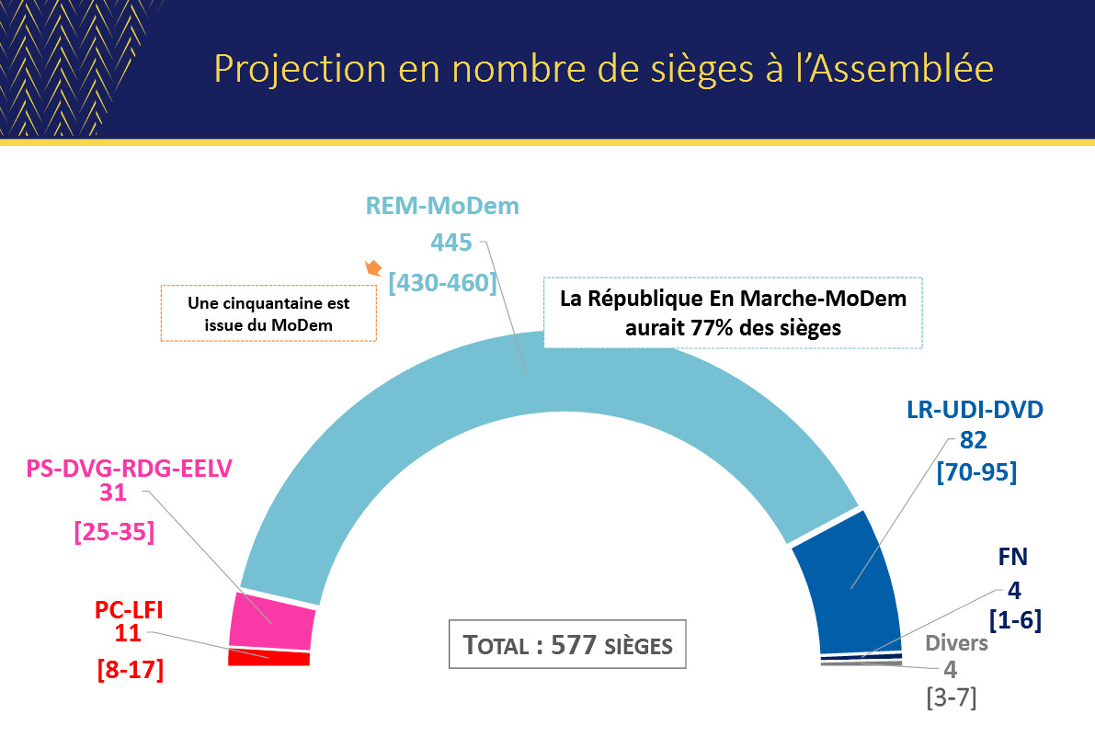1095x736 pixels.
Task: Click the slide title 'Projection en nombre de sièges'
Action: point(603,70)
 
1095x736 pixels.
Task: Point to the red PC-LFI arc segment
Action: point(268,658)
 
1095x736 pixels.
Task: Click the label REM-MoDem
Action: point(442,206)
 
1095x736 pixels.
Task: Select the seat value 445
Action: point(451,243)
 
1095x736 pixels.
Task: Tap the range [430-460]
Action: point(442,281)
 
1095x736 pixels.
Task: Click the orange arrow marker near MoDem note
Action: point(373,269)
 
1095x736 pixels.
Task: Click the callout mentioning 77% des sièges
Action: point(733,312)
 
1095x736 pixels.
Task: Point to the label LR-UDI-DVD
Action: point(975,410)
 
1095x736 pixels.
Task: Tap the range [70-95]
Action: point(975,473)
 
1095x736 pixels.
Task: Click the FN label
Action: point(1012,558)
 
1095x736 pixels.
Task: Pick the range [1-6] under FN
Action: point(1014,620)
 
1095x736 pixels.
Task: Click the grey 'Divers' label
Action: point(956,643)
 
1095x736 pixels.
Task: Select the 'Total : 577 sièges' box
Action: point(569,645)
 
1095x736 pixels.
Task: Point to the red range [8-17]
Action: point(130,670)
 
